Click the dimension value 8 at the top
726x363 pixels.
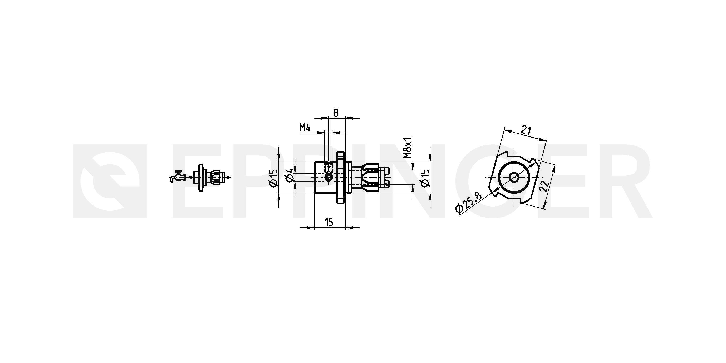(x=336, y=113)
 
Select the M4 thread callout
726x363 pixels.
(x=305, y=128)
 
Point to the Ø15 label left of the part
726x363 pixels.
(x=274, y=178)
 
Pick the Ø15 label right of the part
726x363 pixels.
(x=425, y=178)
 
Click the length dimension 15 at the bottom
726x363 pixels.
(x=329, y=222)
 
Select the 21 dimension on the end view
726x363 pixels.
(x=526, y=130)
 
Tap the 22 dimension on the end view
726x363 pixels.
(x=544, y=186)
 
